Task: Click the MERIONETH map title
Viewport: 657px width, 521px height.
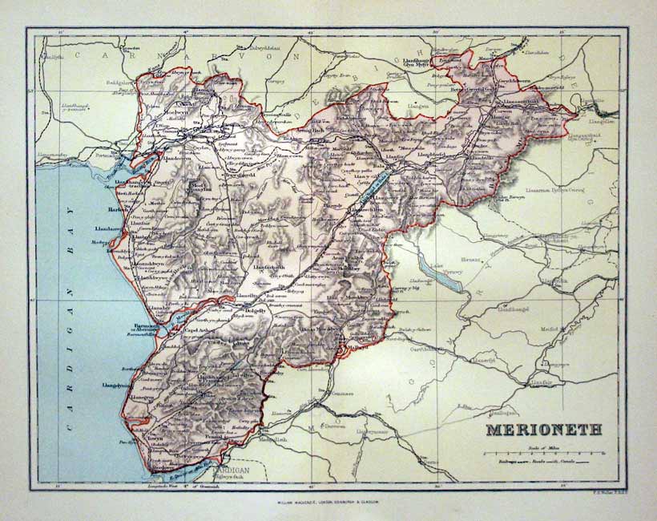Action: point(543,430)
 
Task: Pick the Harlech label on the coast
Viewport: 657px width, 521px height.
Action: point(119,212)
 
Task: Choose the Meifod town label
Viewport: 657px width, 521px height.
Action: point(582,329)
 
